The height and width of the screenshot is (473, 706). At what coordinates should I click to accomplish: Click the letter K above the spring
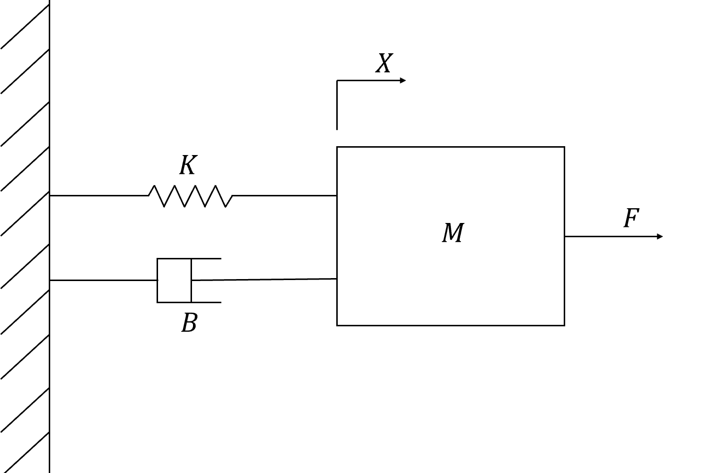point(188,165)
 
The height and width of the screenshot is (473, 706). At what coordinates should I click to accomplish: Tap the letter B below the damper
point(190,323)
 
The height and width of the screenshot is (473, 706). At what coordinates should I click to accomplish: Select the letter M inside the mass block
point(453,233)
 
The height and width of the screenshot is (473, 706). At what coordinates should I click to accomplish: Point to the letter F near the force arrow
point(631,218)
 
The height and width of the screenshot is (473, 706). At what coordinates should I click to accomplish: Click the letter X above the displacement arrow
point(384,63)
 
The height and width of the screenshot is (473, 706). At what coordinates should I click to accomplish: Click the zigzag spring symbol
point(191,196)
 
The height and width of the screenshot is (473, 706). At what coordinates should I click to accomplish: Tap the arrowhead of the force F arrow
point(660,236)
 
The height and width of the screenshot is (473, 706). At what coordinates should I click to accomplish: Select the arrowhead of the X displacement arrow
point(403,81)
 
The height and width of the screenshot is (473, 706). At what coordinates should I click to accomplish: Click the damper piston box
point(174,281)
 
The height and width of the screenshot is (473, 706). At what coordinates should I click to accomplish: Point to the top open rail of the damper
point(206,259)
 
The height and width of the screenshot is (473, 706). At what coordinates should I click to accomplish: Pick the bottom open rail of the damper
point(206,303)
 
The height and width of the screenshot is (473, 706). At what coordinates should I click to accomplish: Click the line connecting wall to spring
point(99,196)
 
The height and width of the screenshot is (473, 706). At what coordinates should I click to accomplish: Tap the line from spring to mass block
point(285,196)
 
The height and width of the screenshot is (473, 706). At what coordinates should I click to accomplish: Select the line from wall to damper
point(103,280)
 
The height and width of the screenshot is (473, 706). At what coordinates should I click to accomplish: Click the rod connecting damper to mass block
point(264,280)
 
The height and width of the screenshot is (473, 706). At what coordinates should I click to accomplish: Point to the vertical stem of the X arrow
point(337,105)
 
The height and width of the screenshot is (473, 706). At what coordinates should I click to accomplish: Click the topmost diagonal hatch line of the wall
point(25,27)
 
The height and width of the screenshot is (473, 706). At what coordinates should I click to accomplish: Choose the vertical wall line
point(50,236)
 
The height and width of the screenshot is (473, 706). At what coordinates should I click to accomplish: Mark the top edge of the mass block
point(450,147)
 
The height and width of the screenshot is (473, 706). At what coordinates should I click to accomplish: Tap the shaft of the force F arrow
point(610,236)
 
